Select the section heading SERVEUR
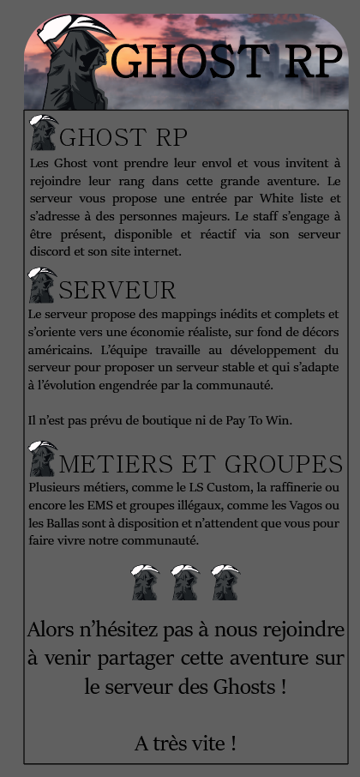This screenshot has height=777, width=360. [117, 290]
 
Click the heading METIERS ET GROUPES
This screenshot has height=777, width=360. [201, 464]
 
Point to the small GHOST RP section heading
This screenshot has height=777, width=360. [123, 137]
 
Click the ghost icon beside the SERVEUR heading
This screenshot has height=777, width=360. [42, 286]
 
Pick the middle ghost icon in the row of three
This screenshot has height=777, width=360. [185, 582]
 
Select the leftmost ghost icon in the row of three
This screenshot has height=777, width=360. [145, 582]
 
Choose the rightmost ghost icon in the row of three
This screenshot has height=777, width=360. [225, 582]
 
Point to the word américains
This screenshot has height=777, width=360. [58, 351]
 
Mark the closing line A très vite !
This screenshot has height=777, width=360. [185, 744]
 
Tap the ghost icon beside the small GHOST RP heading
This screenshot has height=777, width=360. [43, 132]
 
